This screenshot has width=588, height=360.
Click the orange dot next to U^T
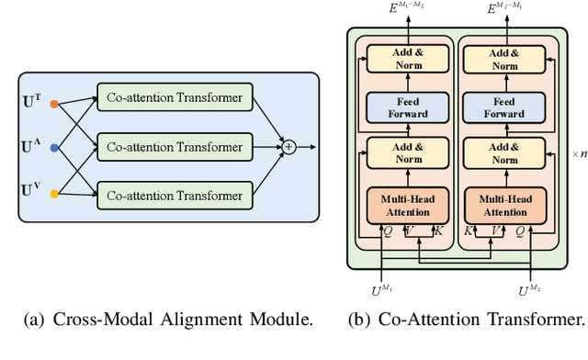pyautogui.click(x=54, y=104)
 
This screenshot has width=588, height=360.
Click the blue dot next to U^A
pyautogui.click(x=54, y=147)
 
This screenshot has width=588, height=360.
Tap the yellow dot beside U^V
pyautogui.click(x=54, y=194)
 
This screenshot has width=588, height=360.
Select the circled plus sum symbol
pyautogui.click(x=288, y=147)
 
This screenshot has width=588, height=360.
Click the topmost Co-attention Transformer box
pyautogui.click(x=174, y=98)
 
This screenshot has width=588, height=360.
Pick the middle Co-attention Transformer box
pyautogui.click(x=174, y=147)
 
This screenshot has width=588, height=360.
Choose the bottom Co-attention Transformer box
pyautogui.click(x=174, y=196)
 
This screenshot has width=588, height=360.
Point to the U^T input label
pyautogui.click(x=31, y=98)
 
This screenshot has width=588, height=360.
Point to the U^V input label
pyautogui.click(x=31, y=192)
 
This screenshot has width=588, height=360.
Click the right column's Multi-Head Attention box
pyautogui.click(x=503, y=204)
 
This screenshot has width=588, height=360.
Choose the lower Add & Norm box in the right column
pyautogui.click(x=503, y=153)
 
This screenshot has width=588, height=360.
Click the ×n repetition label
pyautogui.click(x=578, y=154)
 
